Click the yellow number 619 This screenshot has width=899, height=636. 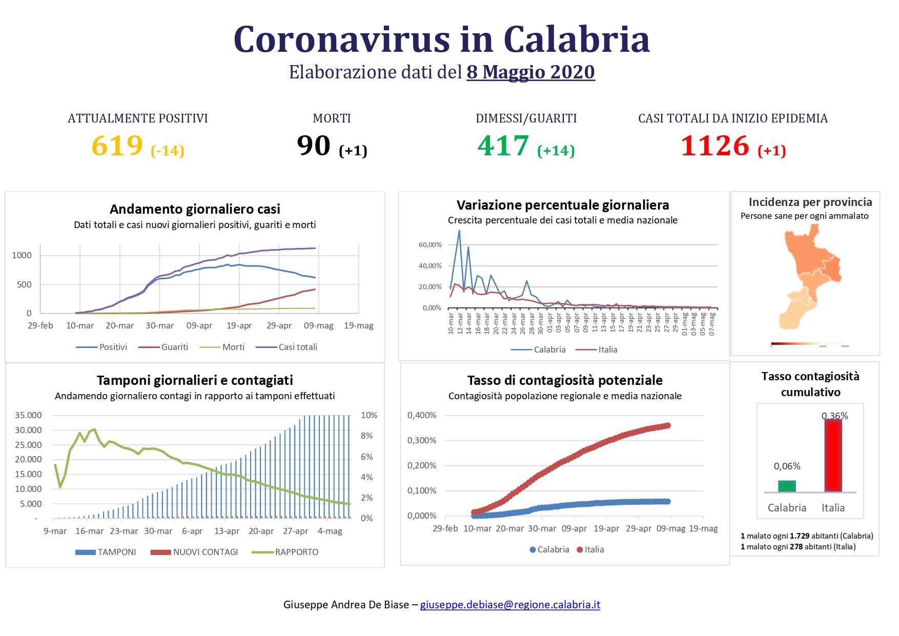point(117,146)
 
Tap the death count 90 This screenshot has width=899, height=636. point(314,146)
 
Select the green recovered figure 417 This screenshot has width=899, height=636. point(503,146)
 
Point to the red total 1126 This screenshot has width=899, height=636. point(714,146)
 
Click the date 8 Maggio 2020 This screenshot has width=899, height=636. point(530,72)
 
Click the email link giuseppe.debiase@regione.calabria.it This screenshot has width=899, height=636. point(510,605)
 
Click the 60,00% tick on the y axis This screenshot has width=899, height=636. point(430,245)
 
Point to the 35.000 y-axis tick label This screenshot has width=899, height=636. point(28,415)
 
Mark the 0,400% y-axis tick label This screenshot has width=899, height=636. point(422,415)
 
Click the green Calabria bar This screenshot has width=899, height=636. point(787,486)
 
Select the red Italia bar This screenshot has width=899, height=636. point(833,456)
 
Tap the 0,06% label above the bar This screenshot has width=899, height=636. point(787,466)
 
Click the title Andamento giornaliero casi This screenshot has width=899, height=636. point(195,209)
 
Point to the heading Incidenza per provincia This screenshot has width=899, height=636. point(810,202)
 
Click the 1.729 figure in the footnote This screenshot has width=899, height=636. point(799,536)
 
